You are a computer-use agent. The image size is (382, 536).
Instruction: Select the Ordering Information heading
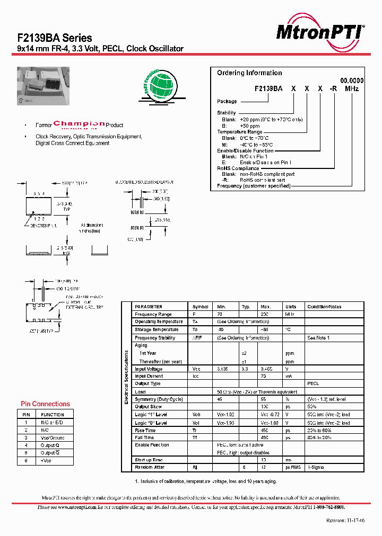pyautogui.click(x=249, y=73)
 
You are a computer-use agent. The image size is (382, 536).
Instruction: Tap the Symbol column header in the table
pyautogui.click(x=200, y=307)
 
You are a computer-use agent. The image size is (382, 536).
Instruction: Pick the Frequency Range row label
pyautogui.click(x=153, y=314)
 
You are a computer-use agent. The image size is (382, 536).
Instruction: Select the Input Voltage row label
pyautogui.click(x=149, y=369)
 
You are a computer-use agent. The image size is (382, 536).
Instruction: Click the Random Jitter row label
pyautogui.click(x=151, y=467)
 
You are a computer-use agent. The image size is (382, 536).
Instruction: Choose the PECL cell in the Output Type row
pyautogui.click(x=313, y=383)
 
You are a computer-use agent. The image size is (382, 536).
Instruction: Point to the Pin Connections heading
pyautogui.click(x=45, y=404)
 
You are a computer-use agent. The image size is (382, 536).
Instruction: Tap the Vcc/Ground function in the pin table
pyautogui.click(x=53, y=438)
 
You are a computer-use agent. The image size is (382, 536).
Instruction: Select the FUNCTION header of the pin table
pyautogui.click(x=53, y=415)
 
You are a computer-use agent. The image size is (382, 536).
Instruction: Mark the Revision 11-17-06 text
pyautogui.click(x=345, y=521)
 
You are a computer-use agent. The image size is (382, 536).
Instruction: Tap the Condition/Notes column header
pyautogui.click(x=324, y=307)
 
